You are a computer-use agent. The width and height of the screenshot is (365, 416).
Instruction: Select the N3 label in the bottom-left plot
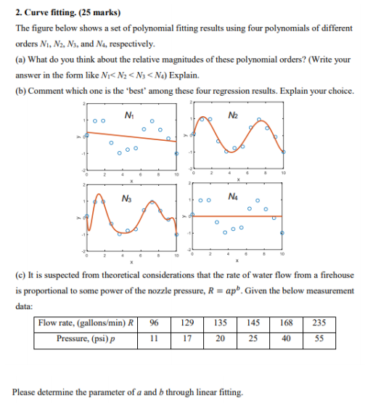point(129,198)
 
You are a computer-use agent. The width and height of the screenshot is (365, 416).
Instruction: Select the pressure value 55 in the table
point(320,338)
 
